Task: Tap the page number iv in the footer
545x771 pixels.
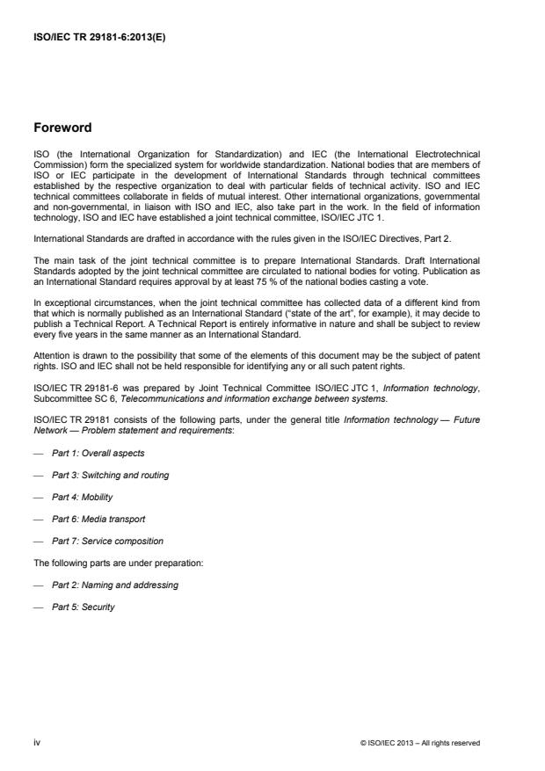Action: pyautogui.click(x=36, y=742)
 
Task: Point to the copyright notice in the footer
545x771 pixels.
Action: pyautogui.click(x=420, y=742)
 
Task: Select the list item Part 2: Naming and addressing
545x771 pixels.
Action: pyautogui.click(x=109, y=585)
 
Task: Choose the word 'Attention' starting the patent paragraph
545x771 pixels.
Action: pyautogui.click(x=48, y=358)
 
